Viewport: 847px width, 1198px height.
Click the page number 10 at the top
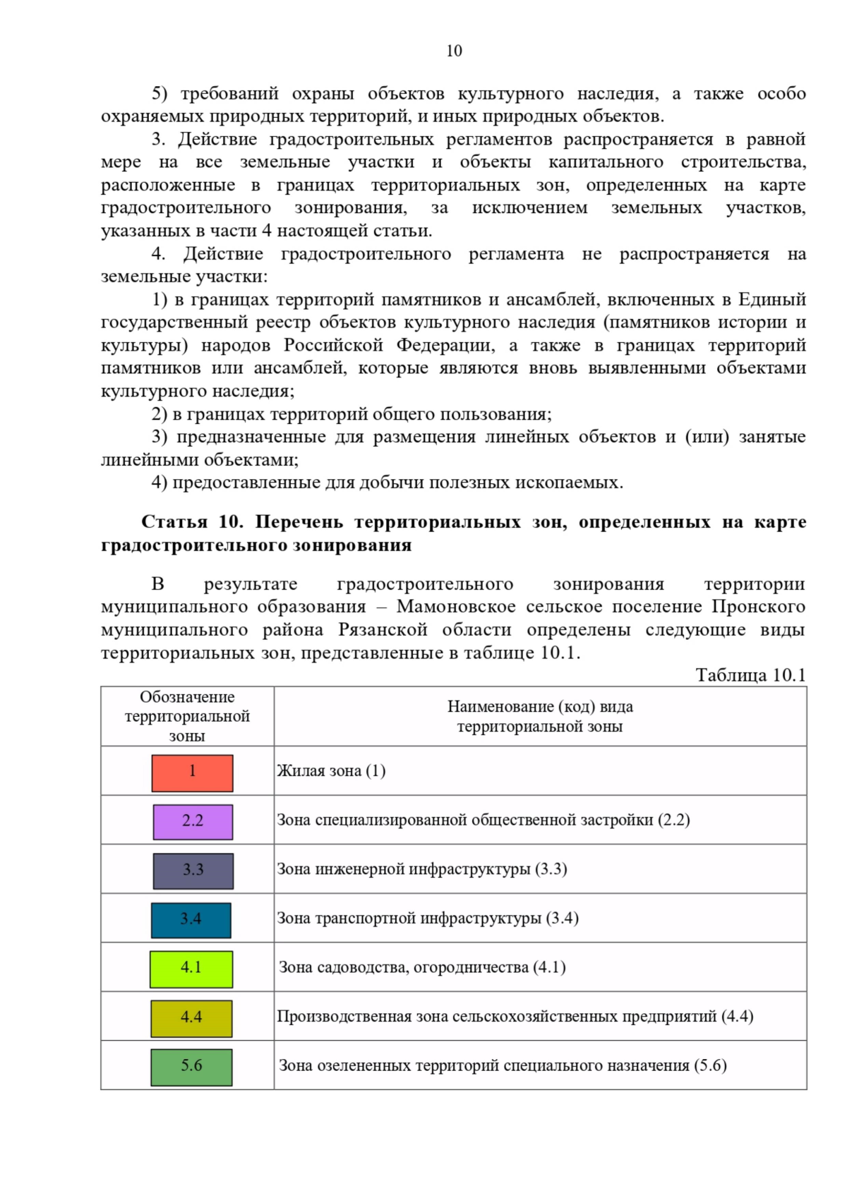click(x=454, y=51)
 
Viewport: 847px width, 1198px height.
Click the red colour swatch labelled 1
click(x=192, y=773)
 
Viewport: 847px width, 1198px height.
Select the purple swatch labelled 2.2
click(x=193, y=822)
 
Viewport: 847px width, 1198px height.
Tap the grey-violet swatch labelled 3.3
click(x=193, y=871)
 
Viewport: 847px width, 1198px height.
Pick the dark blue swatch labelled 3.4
click(x=191, y=920)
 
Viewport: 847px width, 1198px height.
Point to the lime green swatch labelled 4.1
click(x=191, y=969)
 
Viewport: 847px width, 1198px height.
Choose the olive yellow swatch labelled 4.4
click(x=191, y=1018)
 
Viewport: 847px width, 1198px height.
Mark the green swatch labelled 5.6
click(x=191, y=1067)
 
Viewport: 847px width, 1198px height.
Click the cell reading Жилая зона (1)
click(x=331, y=770)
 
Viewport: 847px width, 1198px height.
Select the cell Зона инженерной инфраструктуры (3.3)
click(x=421, y=869)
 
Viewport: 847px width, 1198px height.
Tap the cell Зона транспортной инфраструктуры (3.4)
click(x=427, y=918)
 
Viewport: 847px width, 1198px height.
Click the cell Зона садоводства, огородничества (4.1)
click(x=422, y=967)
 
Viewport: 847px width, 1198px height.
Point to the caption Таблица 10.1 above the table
click(x=750, y=675)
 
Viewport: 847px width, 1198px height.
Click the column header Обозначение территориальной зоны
click(x=187, y=716)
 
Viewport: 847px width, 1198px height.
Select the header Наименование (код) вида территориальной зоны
click(x=540, y=716)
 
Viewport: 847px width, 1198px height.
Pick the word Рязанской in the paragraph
click(x=383, y=629)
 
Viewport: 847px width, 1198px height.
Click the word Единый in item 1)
click(x=771, y=299)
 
